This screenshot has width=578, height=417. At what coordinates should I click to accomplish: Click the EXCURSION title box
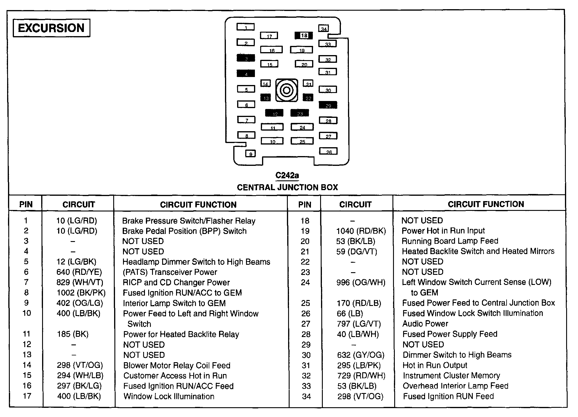(x=51, y=28)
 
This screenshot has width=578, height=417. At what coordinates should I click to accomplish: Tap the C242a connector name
(x=287, y=176)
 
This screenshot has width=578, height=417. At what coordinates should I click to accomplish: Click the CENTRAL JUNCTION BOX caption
(x=287, y=187)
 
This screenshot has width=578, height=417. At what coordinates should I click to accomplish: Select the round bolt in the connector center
(x=287, y=90)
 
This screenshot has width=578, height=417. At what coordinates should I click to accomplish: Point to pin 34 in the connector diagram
(x=324, y=29)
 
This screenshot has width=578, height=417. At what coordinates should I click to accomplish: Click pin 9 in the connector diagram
(x=250, y=154)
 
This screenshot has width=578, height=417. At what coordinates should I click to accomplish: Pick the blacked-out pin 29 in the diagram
(x=328, y=105)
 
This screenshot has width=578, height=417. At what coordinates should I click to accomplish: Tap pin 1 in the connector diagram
(x=246, y=27)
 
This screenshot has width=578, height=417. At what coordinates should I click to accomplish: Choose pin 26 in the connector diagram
(x=328, y=151)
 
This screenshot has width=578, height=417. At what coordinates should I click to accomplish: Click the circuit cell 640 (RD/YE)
(x=79, y=272)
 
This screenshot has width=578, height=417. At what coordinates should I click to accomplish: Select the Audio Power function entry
(x=425, y=323)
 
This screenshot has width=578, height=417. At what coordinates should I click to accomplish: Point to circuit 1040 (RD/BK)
(x=361, y=231)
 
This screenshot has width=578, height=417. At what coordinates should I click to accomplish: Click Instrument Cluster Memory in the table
(x=451, y=376)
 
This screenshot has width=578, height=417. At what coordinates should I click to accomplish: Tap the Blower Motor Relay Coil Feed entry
(x=177, y=365)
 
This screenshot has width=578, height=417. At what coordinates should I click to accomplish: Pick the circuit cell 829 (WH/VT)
(x=80, y=282)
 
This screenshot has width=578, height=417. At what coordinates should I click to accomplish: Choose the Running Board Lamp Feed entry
(x=450, y=241)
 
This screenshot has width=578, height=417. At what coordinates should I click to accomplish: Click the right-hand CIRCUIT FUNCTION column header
(x=486, y=204)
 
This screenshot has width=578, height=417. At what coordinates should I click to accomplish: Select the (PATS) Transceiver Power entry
(x=170, y=272)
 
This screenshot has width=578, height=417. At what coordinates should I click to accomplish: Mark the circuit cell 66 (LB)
(x=350, y=313)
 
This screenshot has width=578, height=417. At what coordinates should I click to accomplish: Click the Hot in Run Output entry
(x=435, y=365)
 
